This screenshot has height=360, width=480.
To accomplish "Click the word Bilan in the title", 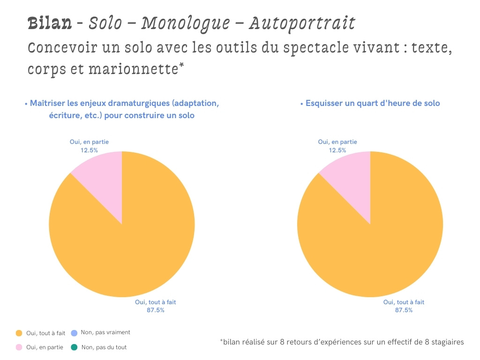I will (x=49, y=22).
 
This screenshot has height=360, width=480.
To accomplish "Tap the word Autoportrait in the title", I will (x=301, y=22).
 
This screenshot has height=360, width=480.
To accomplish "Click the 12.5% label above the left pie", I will (x=89, y=150).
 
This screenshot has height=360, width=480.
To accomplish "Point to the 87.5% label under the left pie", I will (x=156, y=310).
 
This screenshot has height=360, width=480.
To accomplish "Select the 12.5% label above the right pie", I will (x=337, y=150).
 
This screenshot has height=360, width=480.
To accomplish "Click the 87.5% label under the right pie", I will (x=404, y=310).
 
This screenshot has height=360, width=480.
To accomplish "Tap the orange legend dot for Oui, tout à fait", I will (x=19, y=333).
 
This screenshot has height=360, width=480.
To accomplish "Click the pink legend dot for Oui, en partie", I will (x=19, y=347).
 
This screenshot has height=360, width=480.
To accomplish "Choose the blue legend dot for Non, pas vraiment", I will (x=74, y=333).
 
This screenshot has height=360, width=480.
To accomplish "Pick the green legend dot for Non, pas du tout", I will (x=74, y=347).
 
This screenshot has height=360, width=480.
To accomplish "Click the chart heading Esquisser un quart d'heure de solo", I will (x=373, y=103).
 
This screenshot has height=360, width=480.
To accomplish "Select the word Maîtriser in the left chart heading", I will (x=48, y=103).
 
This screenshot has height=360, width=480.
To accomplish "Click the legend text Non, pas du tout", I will (x=104, y=347).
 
